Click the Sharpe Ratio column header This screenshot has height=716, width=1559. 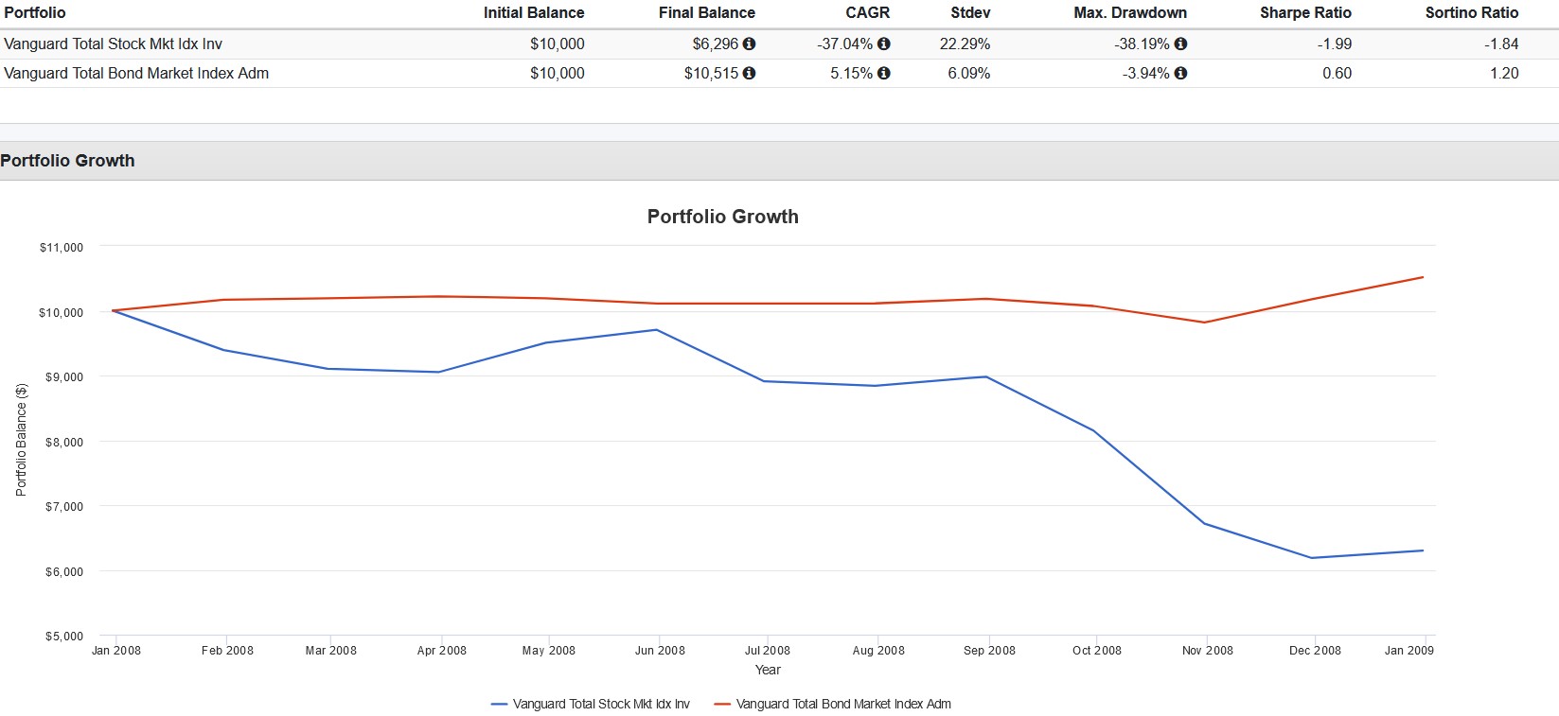1305,13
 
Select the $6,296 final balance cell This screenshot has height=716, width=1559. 715,44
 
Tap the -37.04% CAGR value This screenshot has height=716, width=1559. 844,44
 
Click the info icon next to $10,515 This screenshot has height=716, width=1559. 749,73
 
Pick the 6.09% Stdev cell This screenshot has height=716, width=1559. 968,74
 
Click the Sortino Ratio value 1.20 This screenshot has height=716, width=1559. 1503,74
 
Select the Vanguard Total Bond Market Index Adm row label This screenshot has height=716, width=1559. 136,74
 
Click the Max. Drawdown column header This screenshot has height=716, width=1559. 1129,13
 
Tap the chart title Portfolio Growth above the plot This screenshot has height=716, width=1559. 722,217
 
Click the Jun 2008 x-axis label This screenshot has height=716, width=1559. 660,651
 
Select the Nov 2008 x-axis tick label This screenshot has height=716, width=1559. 1207,651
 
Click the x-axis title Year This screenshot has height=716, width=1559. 768,670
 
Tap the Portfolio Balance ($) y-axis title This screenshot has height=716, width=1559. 22,439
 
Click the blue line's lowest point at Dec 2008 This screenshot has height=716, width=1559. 1313,558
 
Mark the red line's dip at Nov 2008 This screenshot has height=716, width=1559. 1204,323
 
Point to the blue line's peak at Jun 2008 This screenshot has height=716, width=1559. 656,330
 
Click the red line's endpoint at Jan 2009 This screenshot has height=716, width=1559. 1423,277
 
